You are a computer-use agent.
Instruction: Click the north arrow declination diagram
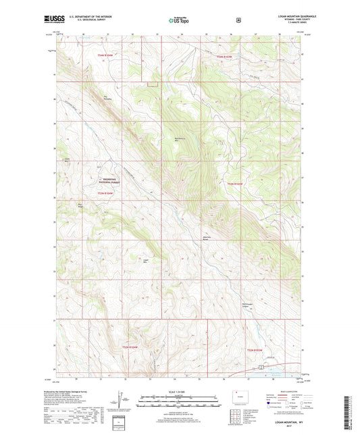(x=124, y=396)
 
